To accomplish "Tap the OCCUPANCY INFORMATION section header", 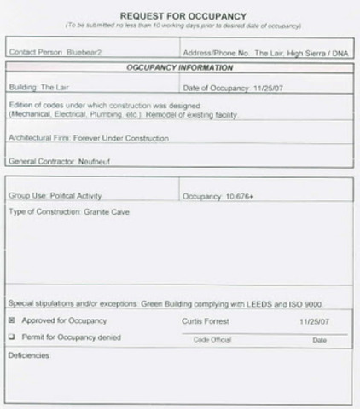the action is click(179, 67).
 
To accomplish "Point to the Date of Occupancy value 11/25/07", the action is click(253, 87).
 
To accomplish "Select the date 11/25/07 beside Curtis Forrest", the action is click(313, 321).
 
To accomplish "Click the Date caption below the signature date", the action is click(319, 339).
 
